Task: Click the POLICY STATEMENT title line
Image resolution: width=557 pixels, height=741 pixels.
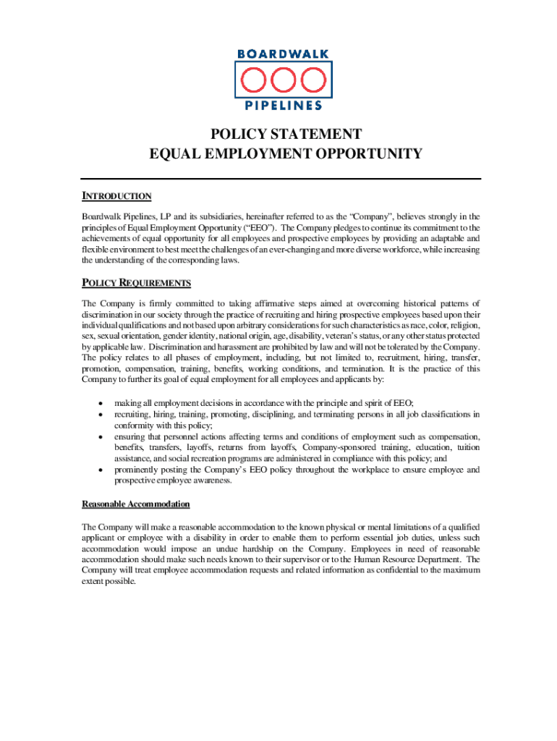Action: tap(285, 135)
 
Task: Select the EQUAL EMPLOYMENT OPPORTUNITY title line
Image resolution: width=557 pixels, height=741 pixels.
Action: tap(285, 153)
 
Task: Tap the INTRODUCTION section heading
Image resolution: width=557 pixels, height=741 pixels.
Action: tap(116, 196)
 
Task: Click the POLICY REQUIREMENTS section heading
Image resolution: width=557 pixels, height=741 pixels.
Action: tap(136, 282)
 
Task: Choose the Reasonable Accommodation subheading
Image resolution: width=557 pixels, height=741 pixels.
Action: tap(136, 504)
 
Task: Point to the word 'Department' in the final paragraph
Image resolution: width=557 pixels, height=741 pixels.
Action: tap(434, 559)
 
